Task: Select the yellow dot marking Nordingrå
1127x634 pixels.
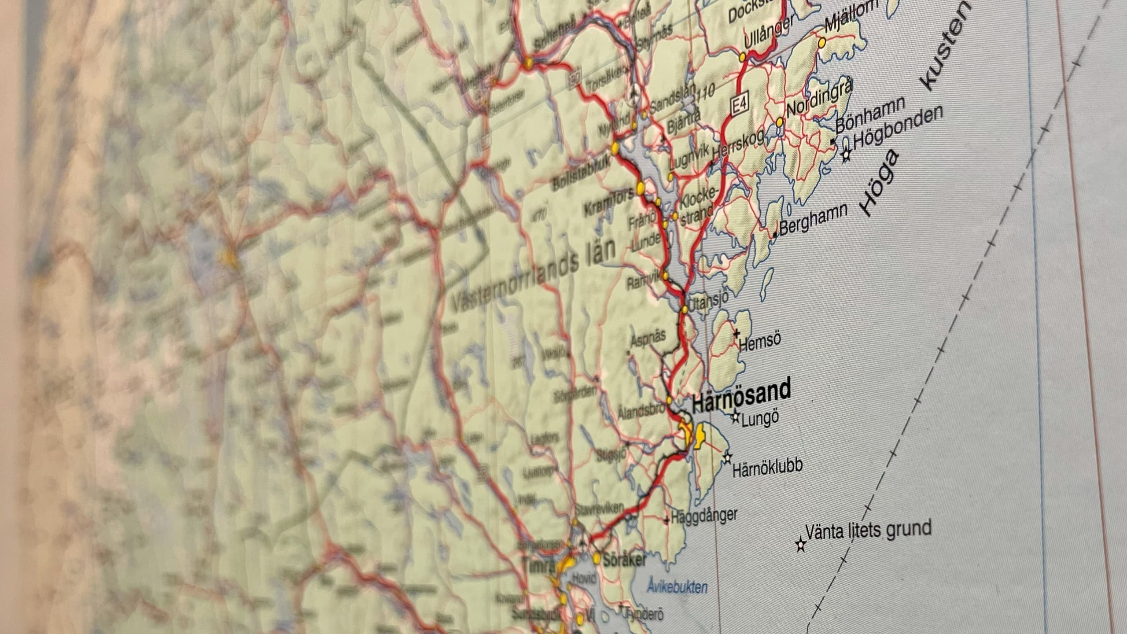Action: (x=780, y=121)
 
